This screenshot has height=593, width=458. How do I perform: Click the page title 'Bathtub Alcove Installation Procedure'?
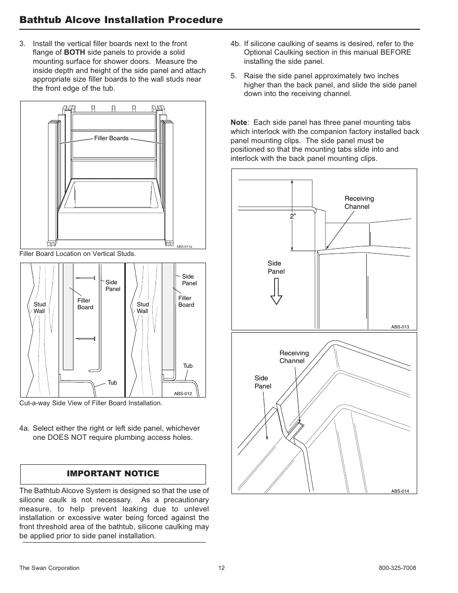point(121,20)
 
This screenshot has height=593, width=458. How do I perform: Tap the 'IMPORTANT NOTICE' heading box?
point(113,474)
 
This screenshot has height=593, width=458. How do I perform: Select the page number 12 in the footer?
point(221,568)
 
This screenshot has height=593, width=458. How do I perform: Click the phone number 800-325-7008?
point(397,568)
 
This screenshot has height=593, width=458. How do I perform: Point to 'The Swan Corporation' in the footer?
point(49,568)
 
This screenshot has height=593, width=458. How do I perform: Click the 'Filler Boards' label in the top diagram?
point(111,138)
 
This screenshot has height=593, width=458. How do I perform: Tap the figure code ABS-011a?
point(184,246)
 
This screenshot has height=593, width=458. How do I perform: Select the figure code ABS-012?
point(183,394)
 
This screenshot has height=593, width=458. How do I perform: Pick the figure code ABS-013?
point(400,327)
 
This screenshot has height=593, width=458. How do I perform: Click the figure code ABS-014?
point(400,491)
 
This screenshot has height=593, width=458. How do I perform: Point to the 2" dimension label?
point(293,217)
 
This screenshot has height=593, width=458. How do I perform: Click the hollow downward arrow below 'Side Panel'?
point(276,291)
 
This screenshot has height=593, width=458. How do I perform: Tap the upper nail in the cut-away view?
point(85,278)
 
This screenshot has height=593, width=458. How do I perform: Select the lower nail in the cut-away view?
point(85,339)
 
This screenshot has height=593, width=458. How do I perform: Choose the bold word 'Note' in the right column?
point(239,122)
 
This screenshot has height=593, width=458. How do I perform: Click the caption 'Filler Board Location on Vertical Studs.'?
point(77,254)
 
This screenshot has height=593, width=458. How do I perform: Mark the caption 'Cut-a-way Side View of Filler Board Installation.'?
point(91,403)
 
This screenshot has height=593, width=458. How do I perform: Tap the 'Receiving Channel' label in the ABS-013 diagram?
point(359,203)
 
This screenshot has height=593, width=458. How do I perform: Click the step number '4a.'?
point(24,428)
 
